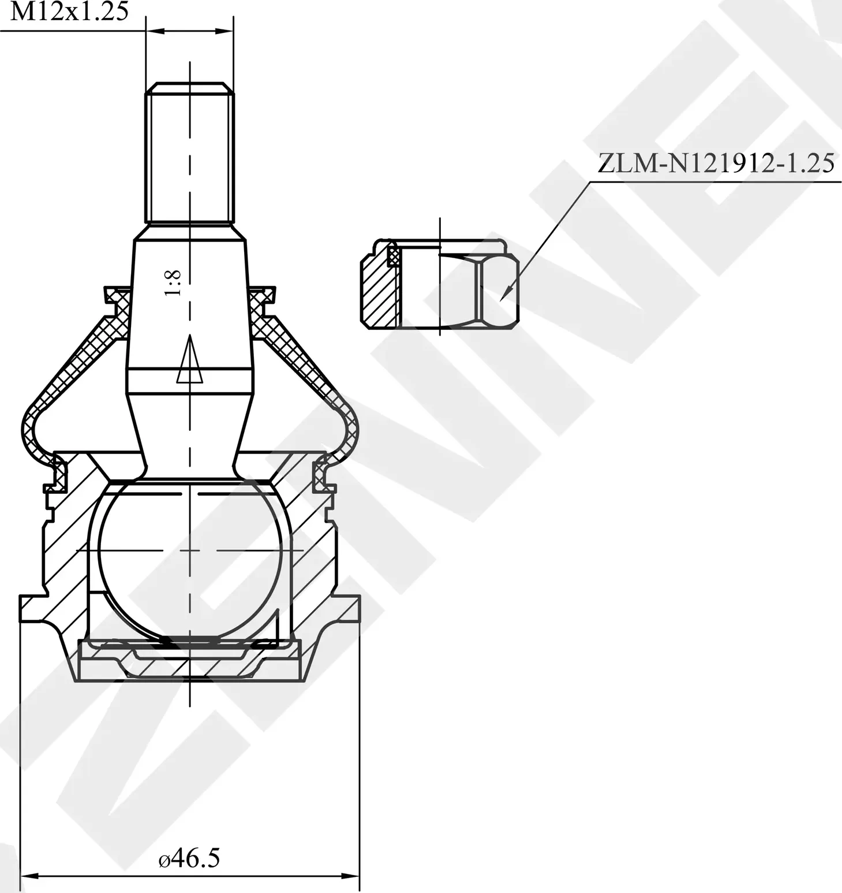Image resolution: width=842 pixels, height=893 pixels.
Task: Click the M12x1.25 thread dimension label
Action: coord(69,12)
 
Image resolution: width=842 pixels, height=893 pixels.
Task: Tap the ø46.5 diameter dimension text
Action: coord(189,859)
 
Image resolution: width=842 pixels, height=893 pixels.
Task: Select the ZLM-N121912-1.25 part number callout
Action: coord(716,164)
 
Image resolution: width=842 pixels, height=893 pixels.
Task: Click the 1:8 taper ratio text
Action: coord(173,283)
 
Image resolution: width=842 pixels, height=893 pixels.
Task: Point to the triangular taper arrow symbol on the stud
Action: coord(189,360)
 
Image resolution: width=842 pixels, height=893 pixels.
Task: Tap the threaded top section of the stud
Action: coord(189,153)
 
